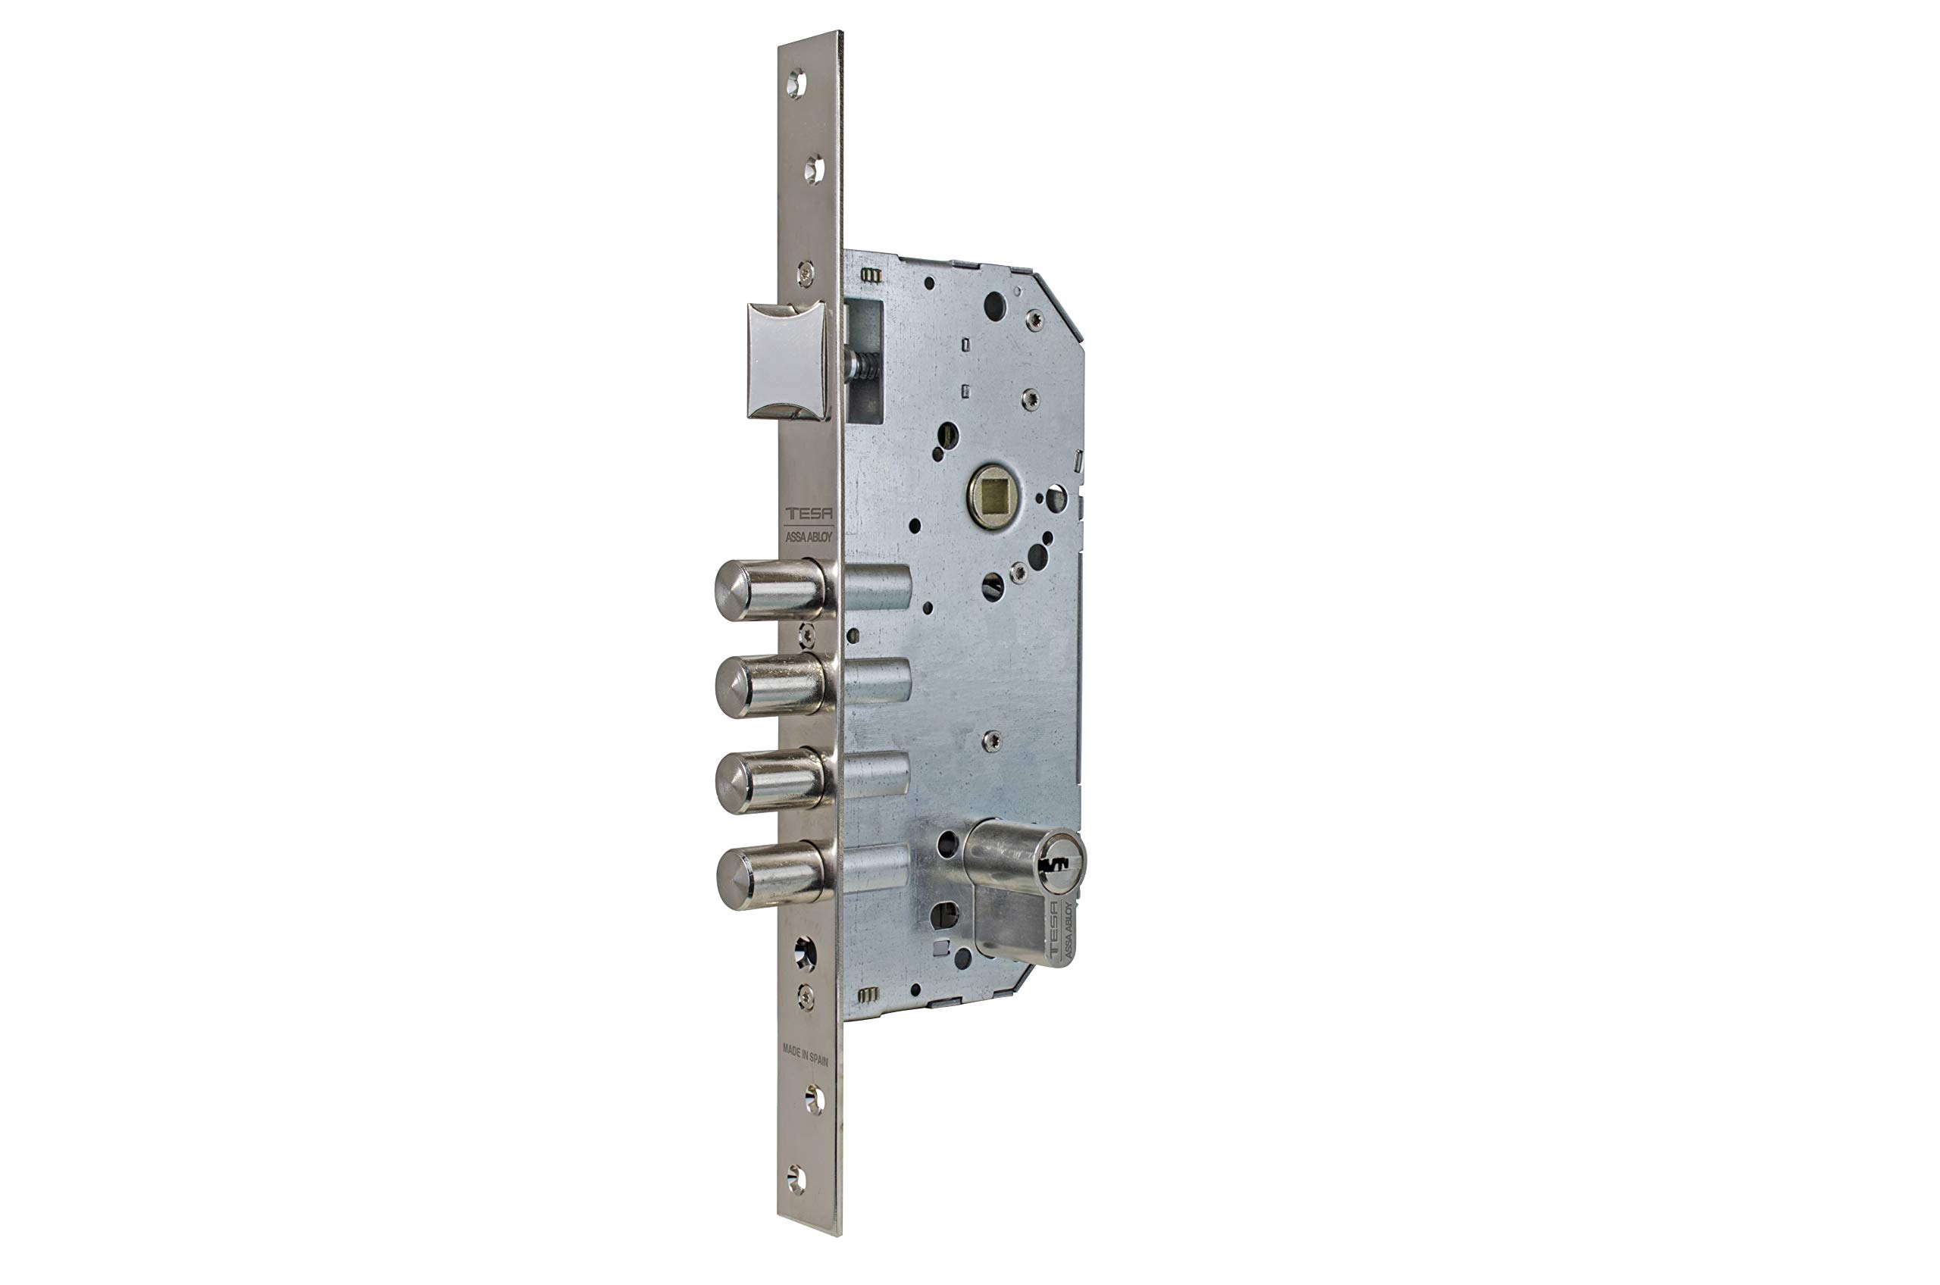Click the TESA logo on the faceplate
click(x=808, y=514)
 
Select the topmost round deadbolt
click(x=771, y=589)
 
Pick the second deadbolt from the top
click(x=771, y=685)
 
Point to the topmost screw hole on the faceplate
click(x=796, y=83)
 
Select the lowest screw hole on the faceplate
click(x=796, y=1179)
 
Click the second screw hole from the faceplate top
click(x=814, y=170)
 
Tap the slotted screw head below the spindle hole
click(x=993, y=586)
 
